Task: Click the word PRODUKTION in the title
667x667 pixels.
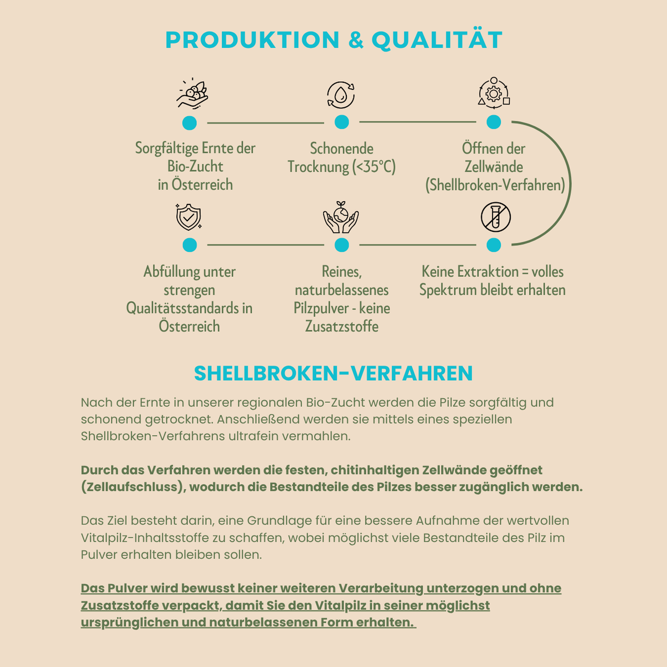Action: (252, 40)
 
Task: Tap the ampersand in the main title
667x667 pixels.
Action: (356, 40)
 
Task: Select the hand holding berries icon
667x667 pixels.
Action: (192, 93)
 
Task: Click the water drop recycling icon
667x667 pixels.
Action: (341, 94)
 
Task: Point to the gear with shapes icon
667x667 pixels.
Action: (494, 92)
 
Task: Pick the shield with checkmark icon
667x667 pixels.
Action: (188, 217)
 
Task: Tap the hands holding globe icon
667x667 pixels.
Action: (341, 217)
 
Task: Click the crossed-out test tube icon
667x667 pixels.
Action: (496, 217)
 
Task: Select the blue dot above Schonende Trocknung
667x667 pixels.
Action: (342, 122)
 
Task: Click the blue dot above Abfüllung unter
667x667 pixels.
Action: (190, 245)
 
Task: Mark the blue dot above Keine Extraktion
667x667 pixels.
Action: (494, 245)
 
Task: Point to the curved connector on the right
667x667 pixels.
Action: (570, 183)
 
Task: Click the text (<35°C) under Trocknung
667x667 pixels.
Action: (374, 167)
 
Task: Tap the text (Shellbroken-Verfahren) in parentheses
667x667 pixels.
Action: (495, 185)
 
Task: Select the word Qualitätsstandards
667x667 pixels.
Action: (180, 308)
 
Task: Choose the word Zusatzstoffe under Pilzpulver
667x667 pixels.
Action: (342, 326)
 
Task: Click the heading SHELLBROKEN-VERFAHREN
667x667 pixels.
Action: (333, 373)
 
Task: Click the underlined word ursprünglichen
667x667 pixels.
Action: (130, 622)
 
